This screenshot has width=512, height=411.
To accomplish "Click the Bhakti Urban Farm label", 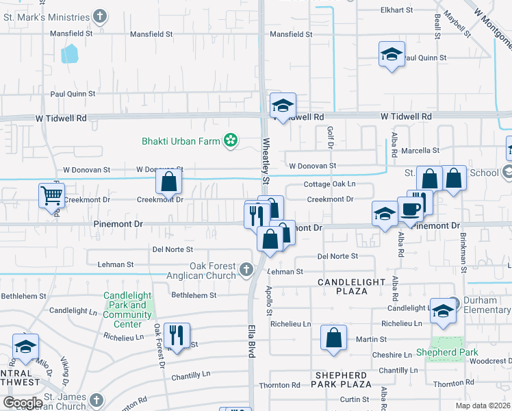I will point(181,142).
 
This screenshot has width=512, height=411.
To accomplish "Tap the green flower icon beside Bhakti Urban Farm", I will point(231,141).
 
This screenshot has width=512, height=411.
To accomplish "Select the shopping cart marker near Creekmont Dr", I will point(51,195).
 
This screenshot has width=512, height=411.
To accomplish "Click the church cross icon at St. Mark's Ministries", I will point(101,16).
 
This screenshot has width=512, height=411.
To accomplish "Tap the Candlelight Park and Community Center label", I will point(127,310).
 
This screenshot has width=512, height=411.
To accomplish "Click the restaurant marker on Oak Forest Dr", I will point(177,335).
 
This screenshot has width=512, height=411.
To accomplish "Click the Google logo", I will point(23,403).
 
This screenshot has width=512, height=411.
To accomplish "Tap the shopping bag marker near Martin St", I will point(333,338).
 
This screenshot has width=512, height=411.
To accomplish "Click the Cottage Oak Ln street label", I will point(330,184).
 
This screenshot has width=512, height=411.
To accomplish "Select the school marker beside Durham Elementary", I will point(443,310).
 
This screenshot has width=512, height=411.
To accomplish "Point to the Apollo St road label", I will point(268,295).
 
